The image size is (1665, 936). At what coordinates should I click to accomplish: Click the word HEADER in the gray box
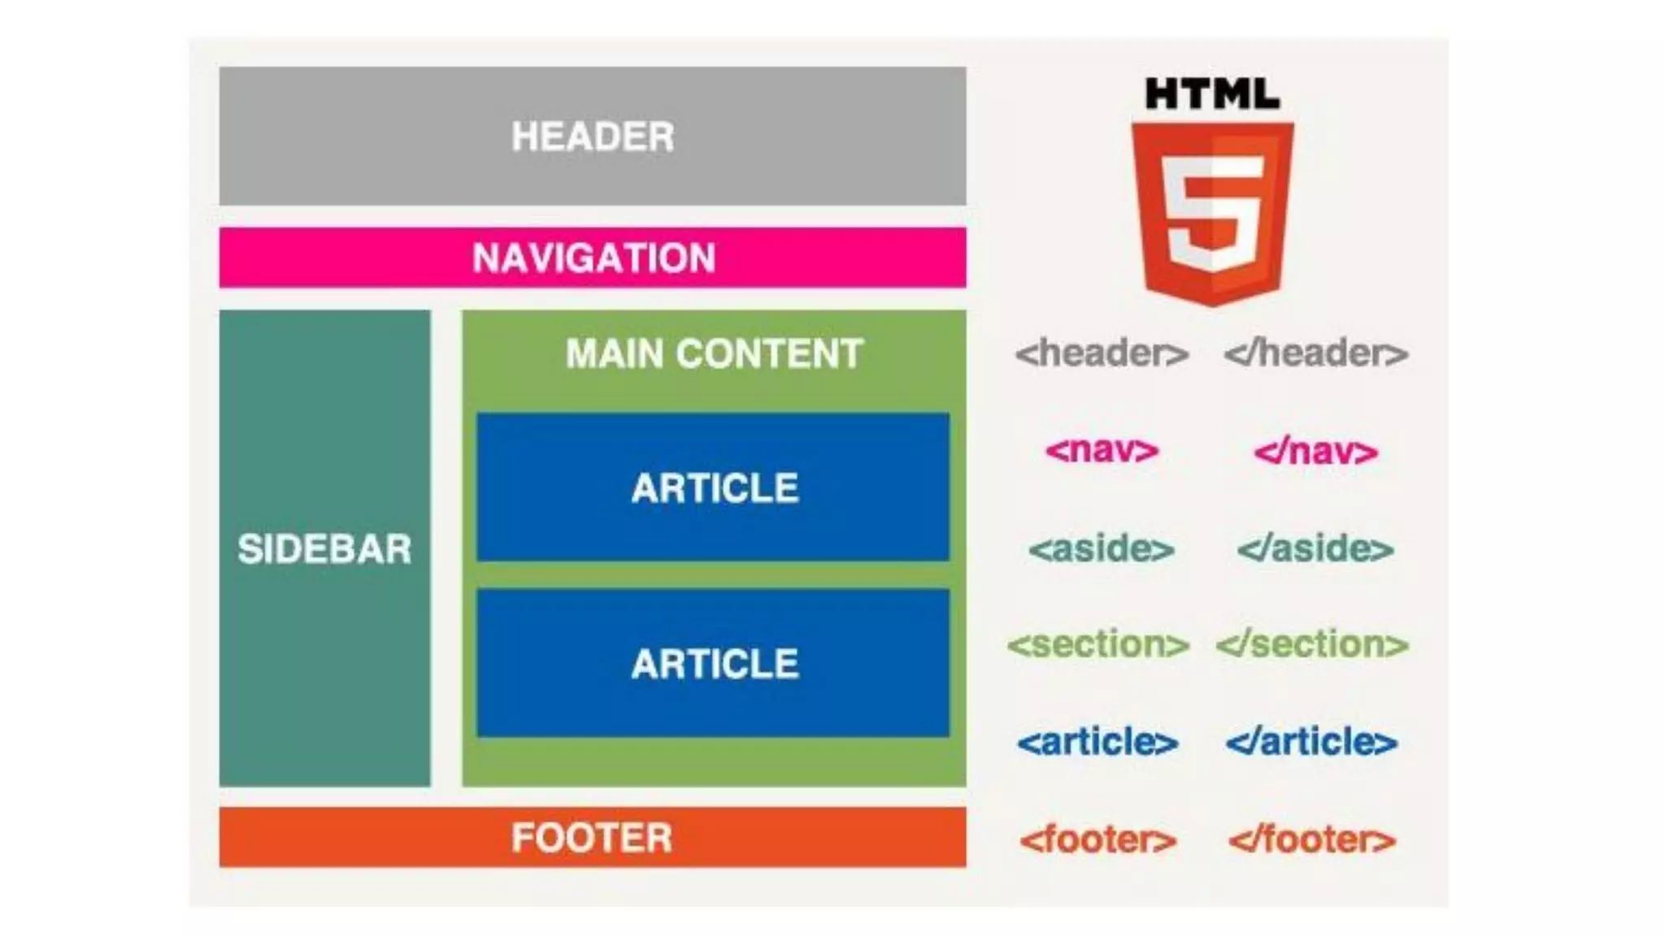(x=592, y=136)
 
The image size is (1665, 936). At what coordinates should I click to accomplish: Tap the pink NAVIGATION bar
(x=592, y=258)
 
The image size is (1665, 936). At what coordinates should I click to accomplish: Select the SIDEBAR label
(x=324, y=549)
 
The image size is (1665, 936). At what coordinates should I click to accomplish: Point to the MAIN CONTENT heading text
(x=714, y=354)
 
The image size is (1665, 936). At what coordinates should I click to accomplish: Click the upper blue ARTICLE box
(x=713, y=487)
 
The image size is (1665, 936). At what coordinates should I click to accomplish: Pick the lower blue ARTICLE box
(x=713, y=663)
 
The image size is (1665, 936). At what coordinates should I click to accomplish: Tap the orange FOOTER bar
(x=592, y=838)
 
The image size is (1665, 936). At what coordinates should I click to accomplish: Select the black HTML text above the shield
(x=1212, y=94)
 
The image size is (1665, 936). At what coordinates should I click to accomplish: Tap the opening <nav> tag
(x=1102, y=451)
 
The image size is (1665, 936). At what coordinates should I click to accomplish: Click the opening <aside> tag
(x=1102, y=549)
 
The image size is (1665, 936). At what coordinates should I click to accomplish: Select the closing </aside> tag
(x=1315, y=549)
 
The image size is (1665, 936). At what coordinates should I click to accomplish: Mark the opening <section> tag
(x=1098, y=645)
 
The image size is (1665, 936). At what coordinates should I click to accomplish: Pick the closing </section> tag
(x=1312, y=645)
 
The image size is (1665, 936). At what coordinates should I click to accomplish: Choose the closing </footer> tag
(x=1311, y=840)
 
